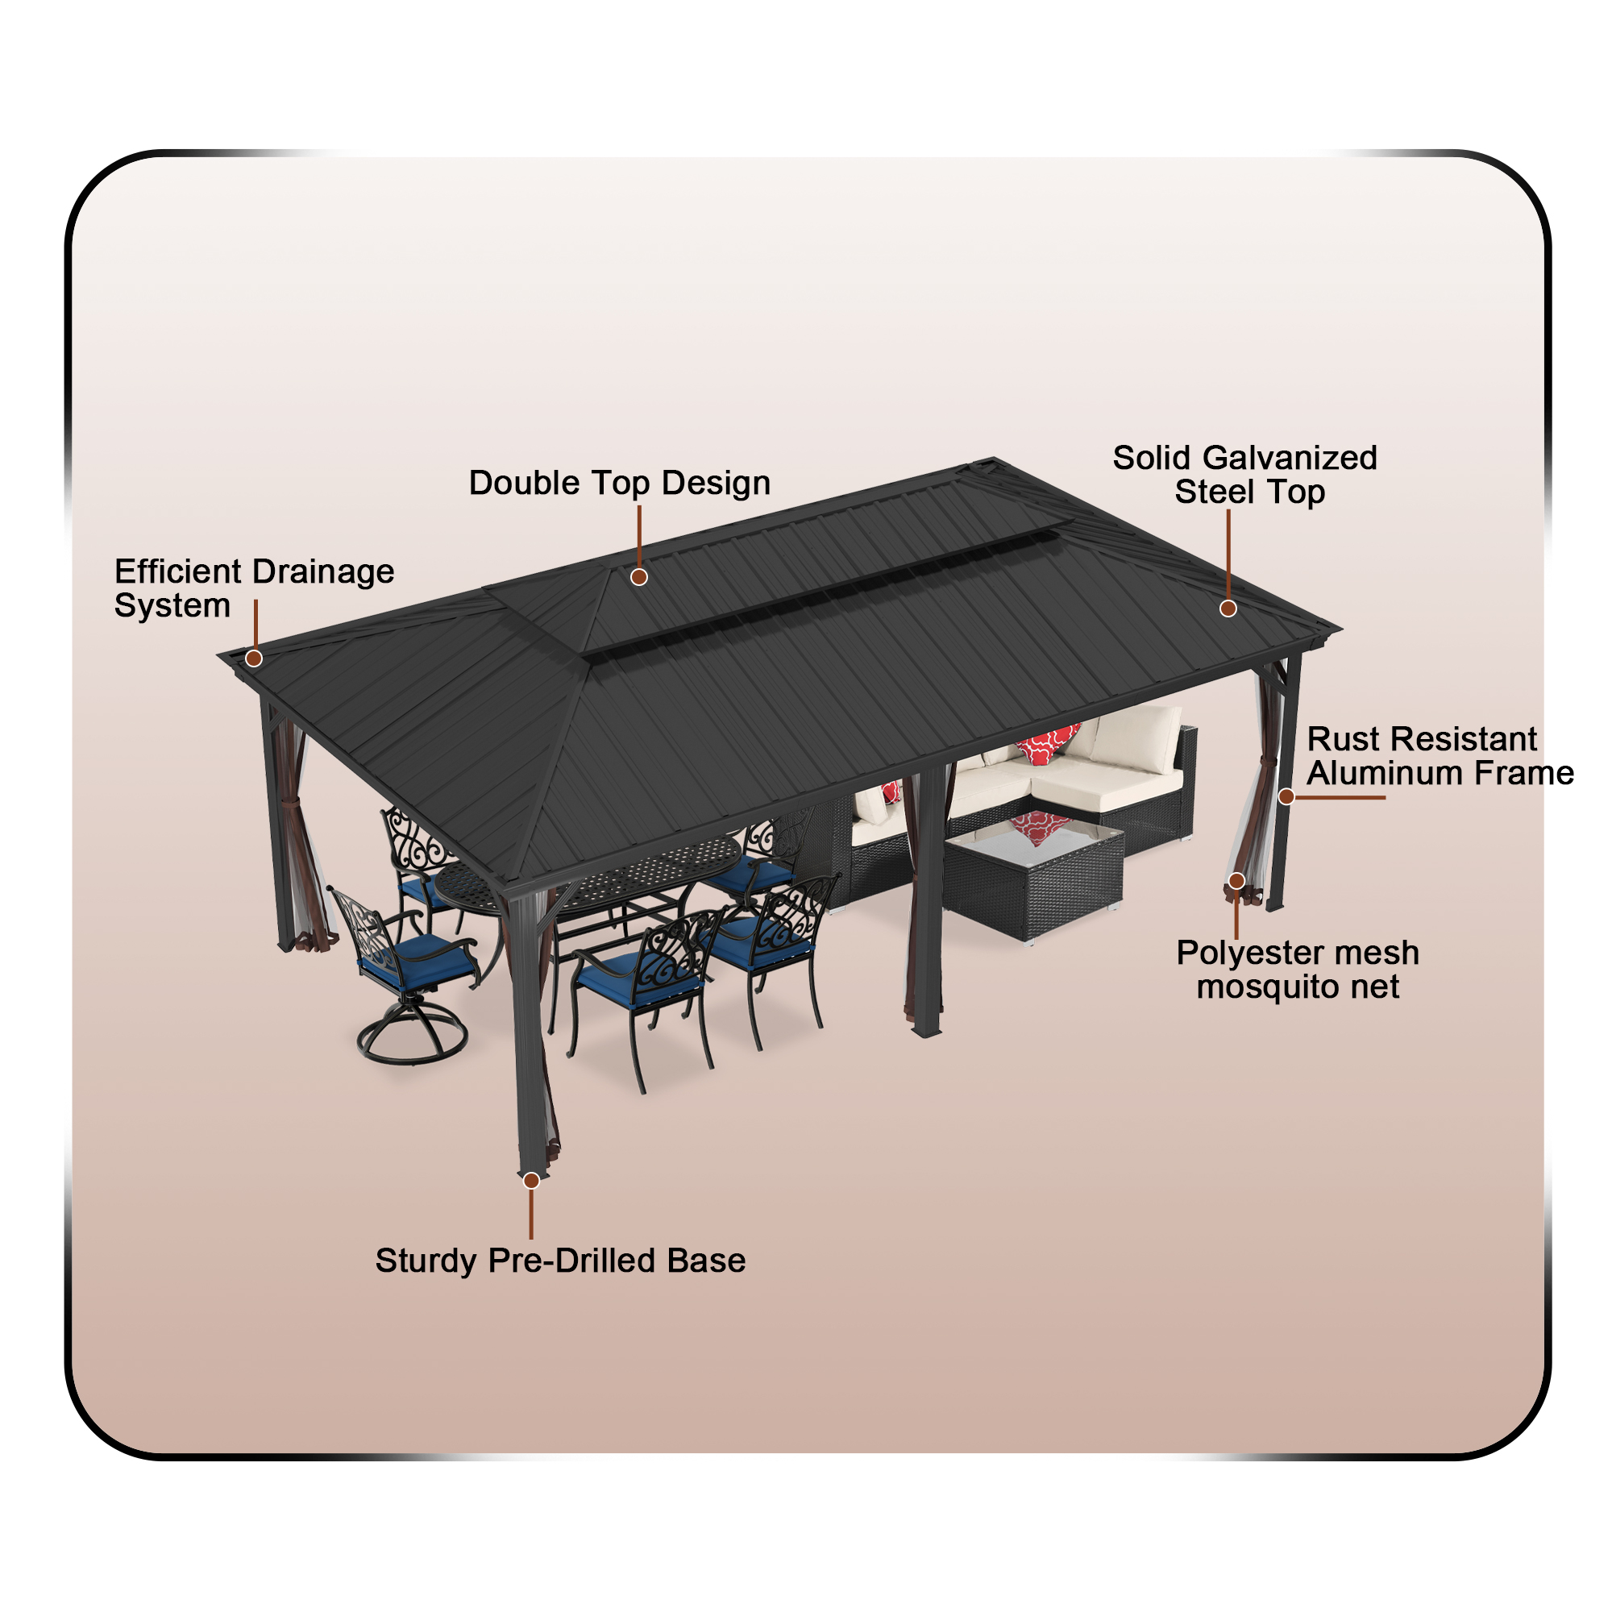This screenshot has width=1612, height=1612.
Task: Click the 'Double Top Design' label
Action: [x=619, y=483]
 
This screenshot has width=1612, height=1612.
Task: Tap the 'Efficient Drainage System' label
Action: [x=254, y=588]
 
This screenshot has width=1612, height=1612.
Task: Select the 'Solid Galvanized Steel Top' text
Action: [x=1245, y=475]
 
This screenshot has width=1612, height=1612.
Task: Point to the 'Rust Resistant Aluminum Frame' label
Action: [x=1440, y=756]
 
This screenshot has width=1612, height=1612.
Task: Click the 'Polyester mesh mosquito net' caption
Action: [x=1298, y=970]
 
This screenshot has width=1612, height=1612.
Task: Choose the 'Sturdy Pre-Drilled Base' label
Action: [x=560, y=1260]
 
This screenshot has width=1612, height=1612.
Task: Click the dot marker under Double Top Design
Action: [x=639, y=576]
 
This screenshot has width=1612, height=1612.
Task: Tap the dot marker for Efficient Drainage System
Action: [x=255, y=659]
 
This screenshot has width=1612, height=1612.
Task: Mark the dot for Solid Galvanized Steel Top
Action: [x=1228, y=609]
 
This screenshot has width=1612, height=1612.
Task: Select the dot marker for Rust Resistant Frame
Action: [x=1286, y=797]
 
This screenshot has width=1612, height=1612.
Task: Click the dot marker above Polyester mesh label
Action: [x=1236, y=881]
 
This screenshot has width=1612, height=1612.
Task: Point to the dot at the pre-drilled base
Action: [x=531, y=1181]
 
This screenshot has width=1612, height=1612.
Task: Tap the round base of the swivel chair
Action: [x=412, y=1040]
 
